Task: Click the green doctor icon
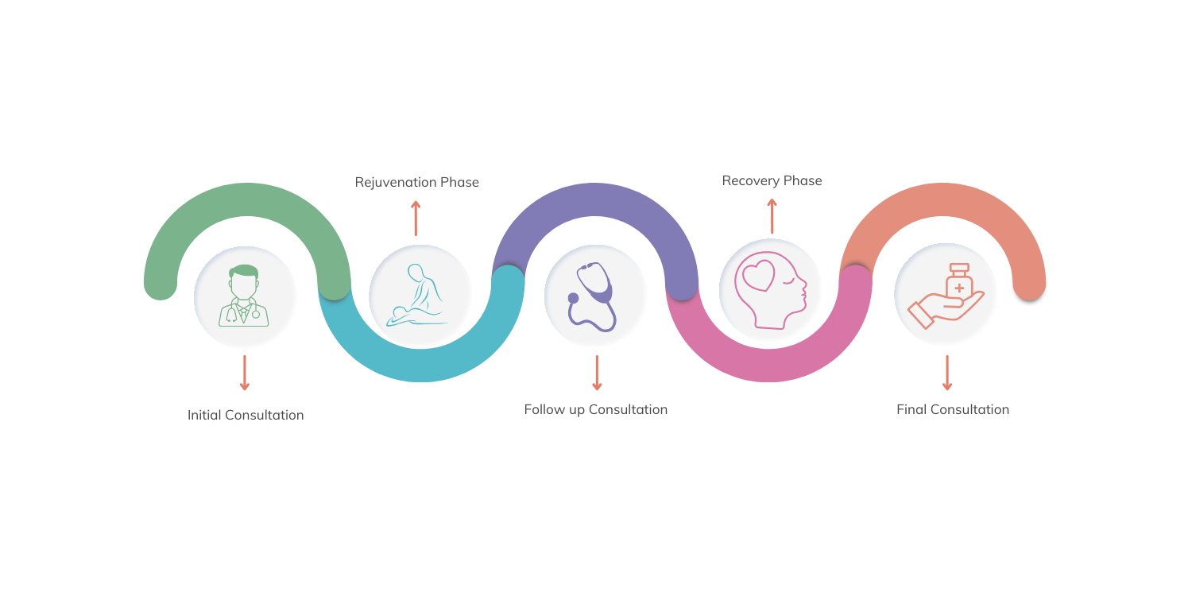tap(244, 296)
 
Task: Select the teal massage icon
tap(417, 296)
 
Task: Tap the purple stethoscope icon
tap(592, 297)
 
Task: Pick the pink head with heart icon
tap(771, 290)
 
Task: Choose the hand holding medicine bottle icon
tap(946, 296)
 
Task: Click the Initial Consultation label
tap(246, 415)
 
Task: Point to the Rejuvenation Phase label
tap(416, 182)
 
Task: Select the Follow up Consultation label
tap(595, 410)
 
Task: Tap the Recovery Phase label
tap(772, 181)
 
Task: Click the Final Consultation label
tap(953, 409)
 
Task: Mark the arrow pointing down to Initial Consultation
tap(245, 373)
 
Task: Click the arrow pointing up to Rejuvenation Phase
tap(416, 219)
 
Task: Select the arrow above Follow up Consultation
tap(597, 373)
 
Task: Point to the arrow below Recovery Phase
tap(772, 216)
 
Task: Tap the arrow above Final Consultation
tap(947, 373)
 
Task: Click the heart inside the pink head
tap(759, 275)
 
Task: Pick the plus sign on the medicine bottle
tap(959, 288)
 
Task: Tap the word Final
tap(911, 409)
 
